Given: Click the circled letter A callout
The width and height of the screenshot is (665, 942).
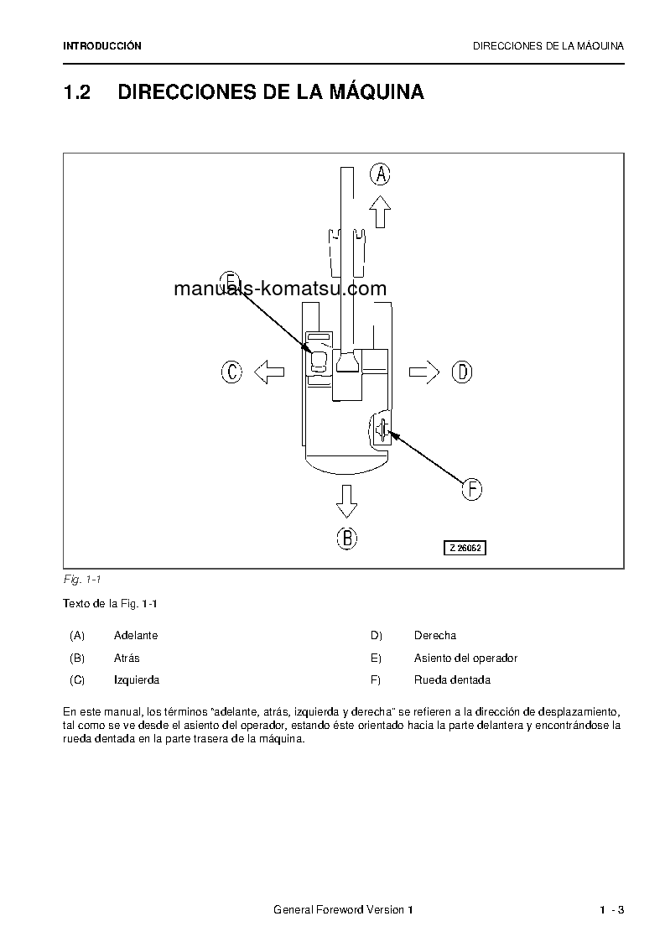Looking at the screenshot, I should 381,174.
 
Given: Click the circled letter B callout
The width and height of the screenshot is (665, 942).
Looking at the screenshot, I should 347,538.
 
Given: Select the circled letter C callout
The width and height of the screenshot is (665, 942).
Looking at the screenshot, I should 231,372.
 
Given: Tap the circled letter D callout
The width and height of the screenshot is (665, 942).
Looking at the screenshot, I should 462,372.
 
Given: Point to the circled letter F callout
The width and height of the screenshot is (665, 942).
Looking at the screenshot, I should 472,489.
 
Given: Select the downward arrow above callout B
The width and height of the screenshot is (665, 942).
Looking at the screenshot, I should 346,500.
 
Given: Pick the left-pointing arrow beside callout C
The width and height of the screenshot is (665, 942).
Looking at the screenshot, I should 268,372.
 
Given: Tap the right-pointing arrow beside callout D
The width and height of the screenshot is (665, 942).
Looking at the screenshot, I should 424,372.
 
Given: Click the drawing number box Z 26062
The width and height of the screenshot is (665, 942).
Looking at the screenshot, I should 465,548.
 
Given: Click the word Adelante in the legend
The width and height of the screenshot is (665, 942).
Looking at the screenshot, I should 136,636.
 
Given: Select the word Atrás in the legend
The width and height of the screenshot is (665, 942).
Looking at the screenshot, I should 127,658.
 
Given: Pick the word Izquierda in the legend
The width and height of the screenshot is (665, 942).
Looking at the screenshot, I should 137,679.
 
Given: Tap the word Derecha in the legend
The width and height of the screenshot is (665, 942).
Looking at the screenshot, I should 435,636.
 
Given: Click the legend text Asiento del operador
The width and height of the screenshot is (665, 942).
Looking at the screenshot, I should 465,658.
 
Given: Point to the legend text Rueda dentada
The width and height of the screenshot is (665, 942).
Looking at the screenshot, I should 452,679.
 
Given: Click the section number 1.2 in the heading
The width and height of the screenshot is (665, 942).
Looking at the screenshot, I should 77,92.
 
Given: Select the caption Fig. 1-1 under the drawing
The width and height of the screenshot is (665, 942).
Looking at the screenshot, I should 82,579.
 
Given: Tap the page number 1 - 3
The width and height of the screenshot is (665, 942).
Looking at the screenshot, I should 612,910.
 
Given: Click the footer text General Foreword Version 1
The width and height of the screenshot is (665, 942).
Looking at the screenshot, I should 344,910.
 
